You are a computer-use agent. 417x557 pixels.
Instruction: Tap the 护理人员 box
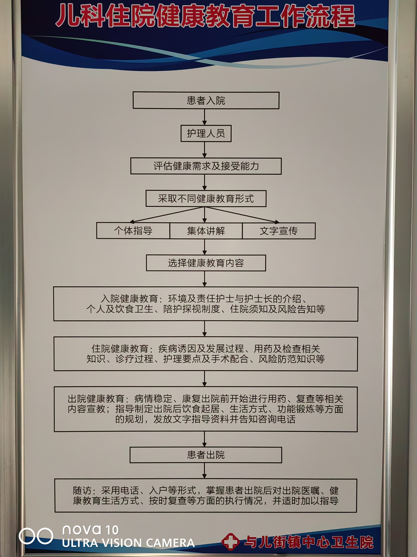tap(206, 133)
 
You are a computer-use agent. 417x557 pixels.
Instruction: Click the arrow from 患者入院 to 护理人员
tap(205, 117)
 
